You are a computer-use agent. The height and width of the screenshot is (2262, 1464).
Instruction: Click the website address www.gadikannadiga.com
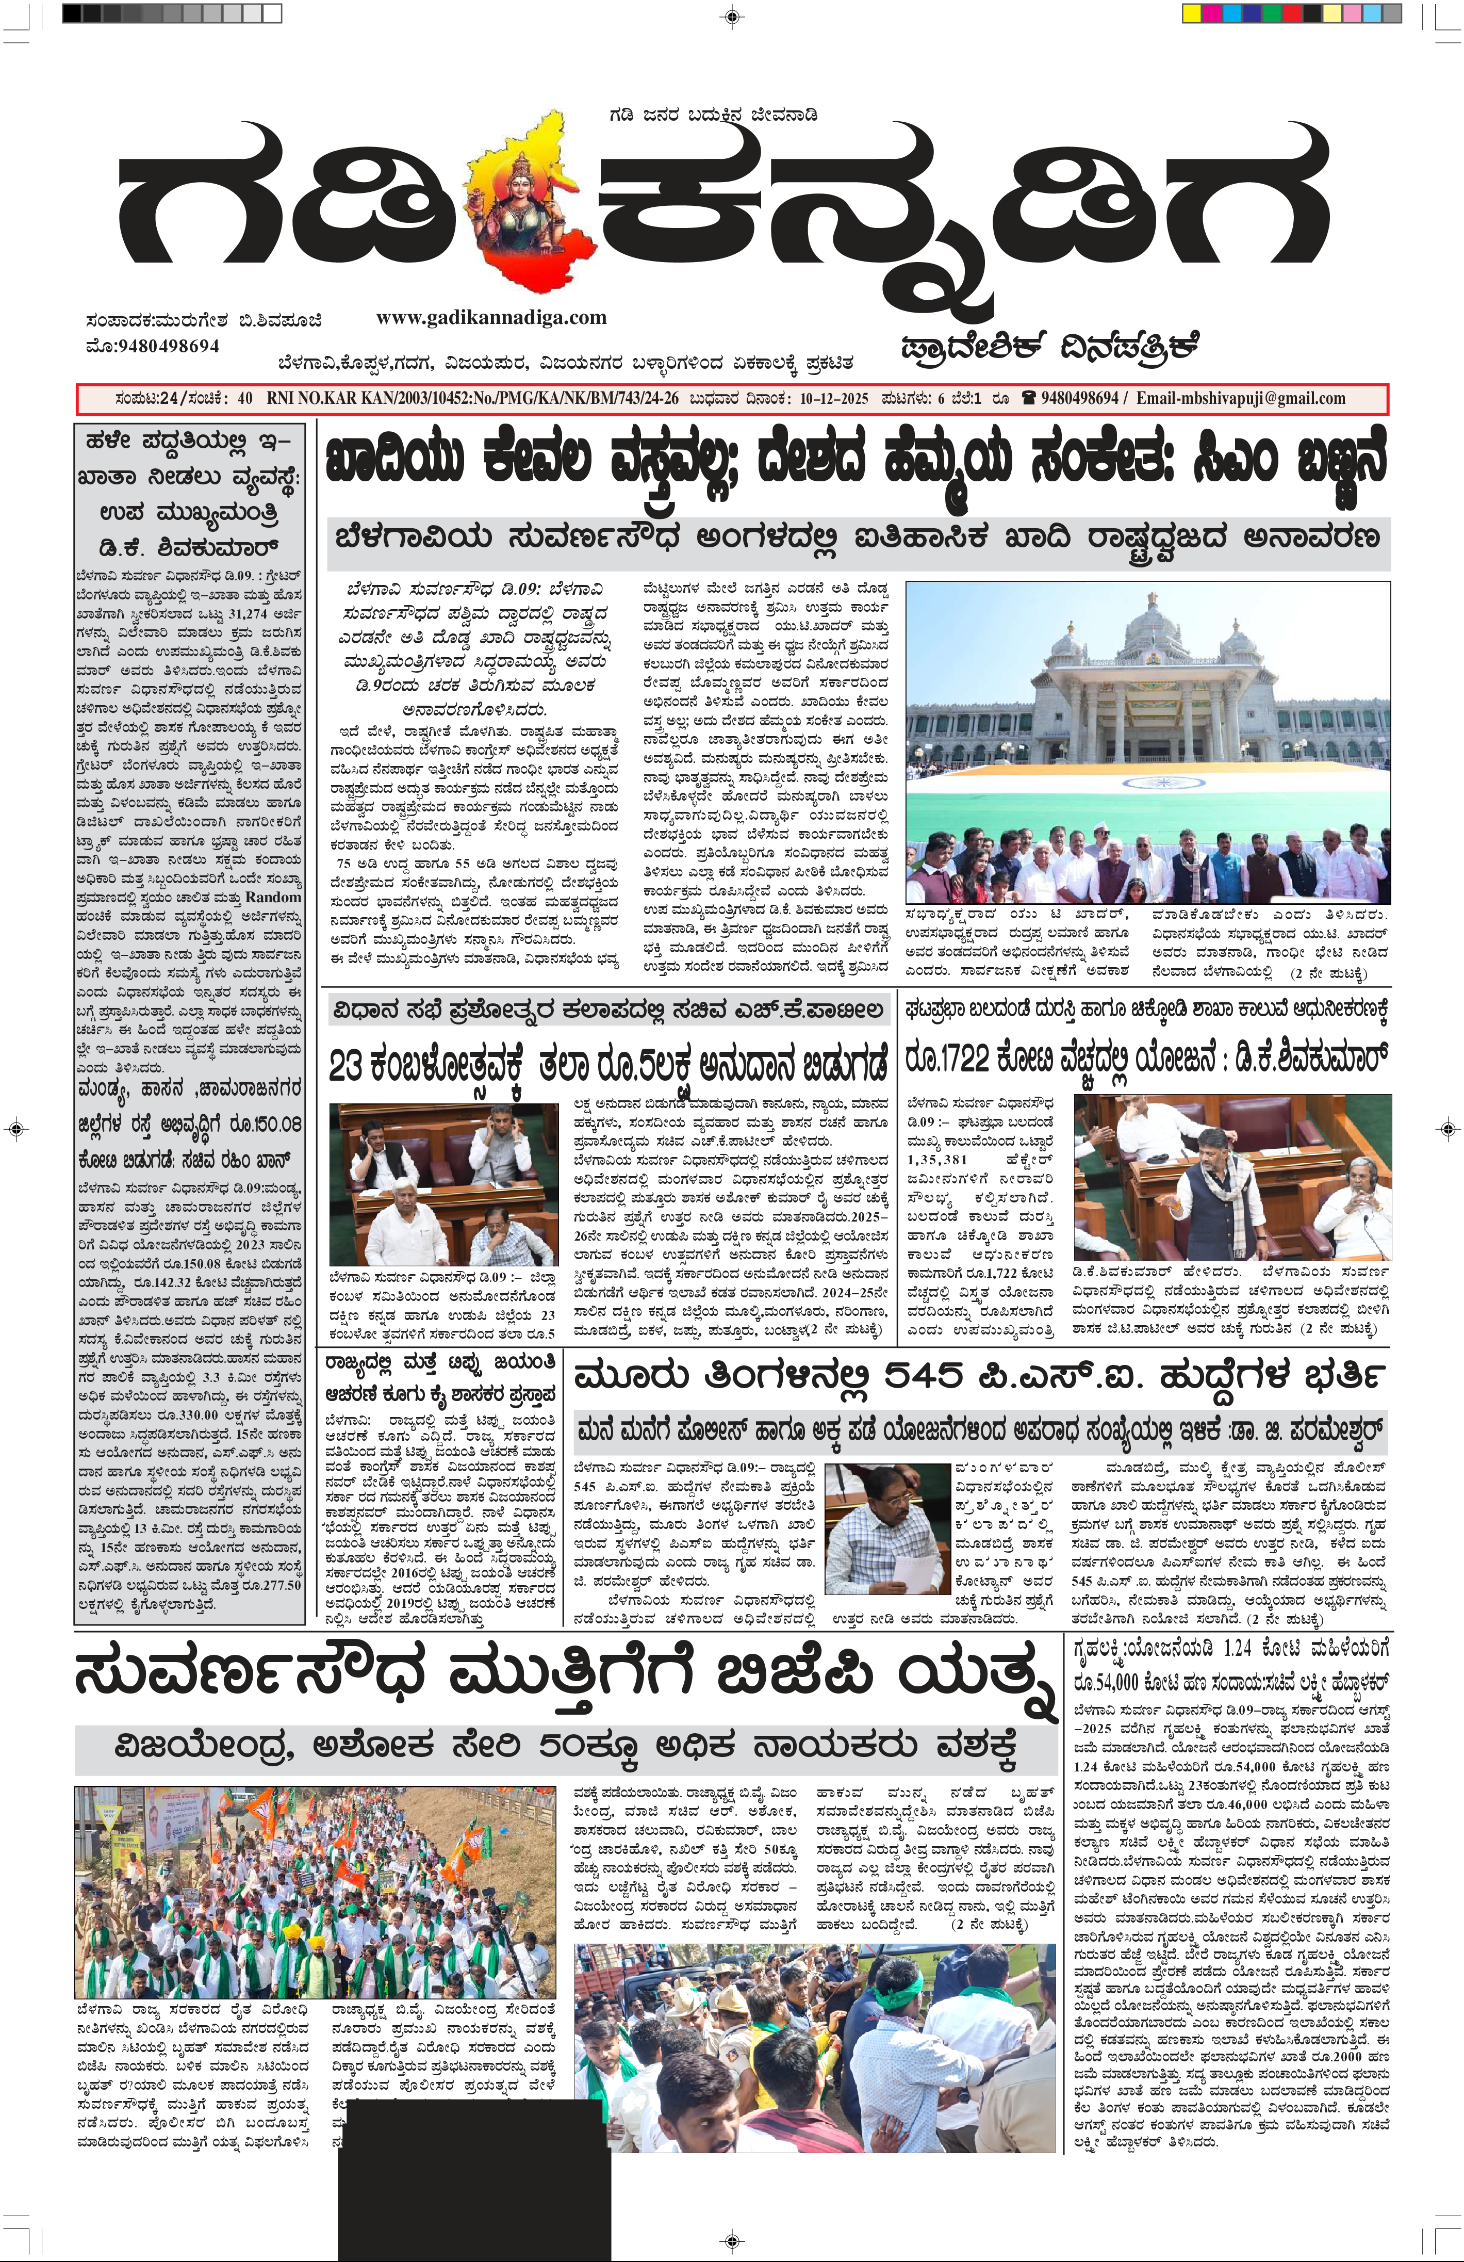[x=491, y=317]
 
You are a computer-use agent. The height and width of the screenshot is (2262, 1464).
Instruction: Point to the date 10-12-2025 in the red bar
[x=833, y=398]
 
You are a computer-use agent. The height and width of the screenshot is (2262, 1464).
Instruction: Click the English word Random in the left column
[x=274, y=897]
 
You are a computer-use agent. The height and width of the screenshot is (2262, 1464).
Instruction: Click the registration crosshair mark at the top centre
[x=732, y=15]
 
